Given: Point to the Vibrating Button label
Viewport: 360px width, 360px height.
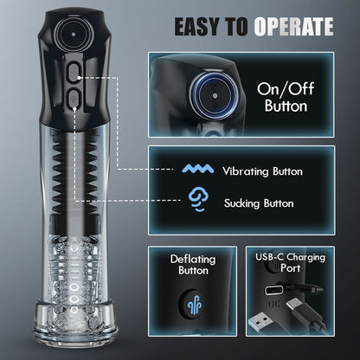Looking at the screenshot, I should point(261,171).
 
